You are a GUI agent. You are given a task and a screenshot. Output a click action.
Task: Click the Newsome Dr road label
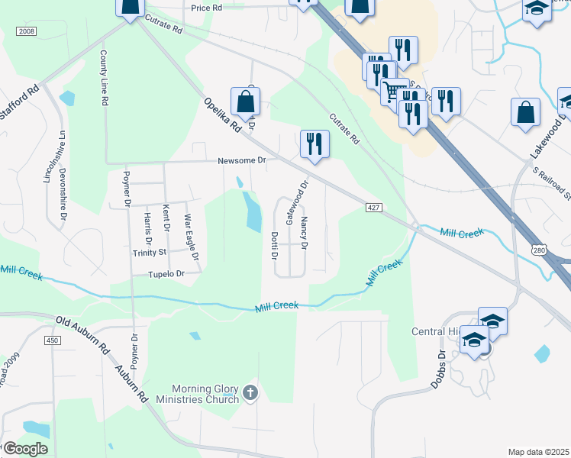(241, 160)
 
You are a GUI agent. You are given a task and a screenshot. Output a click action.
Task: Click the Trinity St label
(150, 252)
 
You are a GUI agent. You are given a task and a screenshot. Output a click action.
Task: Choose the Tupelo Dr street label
(166, 273)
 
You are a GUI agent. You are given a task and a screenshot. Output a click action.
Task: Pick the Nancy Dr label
(304, 234)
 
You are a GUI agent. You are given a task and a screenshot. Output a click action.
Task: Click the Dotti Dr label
(273, 245)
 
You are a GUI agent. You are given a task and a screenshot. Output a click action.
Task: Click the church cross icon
(250, 394)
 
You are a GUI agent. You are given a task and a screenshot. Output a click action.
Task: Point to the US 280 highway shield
(540, 250)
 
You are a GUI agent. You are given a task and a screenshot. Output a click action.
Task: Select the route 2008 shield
(25, 31)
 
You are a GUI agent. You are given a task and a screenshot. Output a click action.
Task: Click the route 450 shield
(52, 340)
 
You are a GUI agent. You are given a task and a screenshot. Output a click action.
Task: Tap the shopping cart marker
(394, 91)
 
